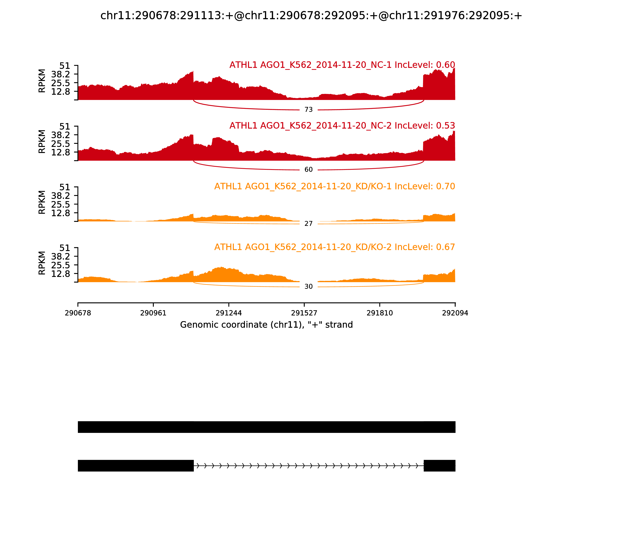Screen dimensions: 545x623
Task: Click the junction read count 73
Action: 308,110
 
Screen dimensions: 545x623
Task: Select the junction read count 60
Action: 308,170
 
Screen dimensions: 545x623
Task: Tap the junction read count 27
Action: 308,224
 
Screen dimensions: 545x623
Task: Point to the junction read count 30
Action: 308,287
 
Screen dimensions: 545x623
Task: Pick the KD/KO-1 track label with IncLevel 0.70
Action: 335,186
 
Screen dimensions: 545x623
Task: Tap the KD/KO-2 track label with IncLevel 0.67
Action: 335,247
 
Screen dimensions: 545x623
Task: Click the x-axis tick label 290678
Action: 78,313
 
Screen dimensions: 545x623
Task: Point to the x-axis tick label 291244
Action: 229,313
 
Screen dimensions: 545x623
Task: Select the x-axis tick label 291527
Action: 304,313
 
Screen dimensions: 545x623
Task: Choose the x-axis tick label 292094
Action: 455,313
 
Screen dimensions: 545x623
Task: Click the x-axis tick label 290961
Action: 153,313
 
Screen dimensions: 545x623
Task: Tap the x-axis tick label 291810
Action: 380,313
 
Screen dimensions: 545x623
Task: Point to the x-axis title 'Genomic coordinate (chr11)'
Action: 267,325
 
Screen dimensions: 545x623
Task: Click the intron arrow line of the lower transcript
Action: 308,466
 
